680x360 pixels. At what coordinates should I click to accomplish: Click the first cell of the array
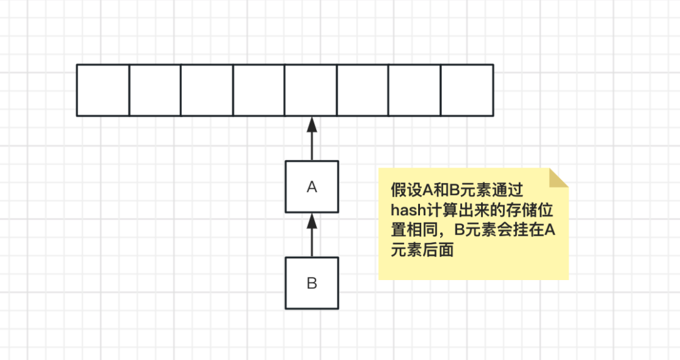coord(103,90)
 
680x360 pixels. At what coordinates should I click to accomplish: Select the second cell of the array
coord(155,90)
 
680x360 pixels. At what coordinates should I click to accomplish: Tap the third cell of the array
coord(207,90)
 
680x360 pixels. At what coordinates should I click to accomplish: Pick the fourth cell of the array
coord(259,90)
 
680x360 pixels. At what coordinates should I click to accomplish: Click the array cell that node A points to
coord(311,90)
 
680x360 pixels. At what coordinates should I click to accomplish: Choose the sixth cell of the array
coord(363,90)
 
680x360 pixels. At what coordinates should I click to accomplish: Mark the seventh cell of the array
coord(414,90)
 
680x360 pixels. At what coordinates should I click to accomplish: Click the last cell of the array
coord(467,90)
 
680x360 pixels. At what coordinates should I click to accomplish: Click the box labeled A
coord(312,186)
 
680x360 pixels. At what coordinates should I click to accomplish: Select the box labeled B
coord(312,283)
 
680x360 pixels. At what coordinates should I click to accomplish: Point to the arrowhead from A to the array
coord(312,124)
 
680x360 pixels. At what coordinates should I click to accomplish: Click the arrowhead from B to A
coord(312,221)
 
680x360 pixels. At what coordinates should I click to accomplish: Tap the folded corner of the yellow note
coord(558,178)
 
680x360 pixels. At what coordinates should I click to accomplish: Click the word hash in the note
coord(408,210)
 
